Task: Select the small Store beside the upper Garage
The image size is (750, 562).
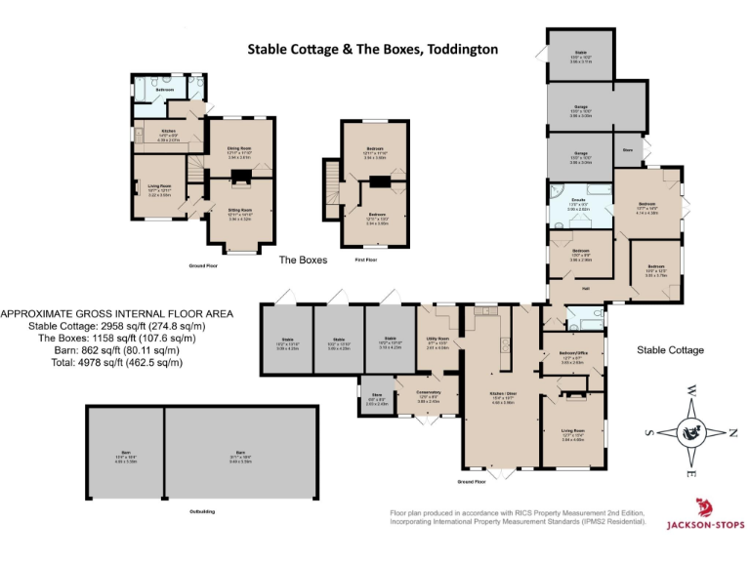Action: [x=628, y=150]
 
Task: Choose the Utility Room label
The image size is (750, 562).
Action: [x=437, y=341]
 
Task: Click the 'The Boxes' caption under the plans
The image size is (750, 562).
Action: [x=303, y=261]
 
